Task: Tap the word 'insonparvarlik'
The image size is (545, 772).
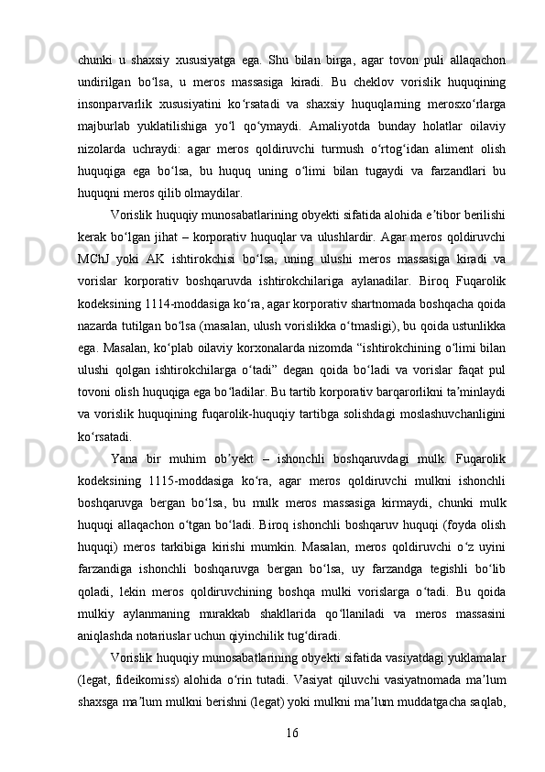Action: click(117, 103)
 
